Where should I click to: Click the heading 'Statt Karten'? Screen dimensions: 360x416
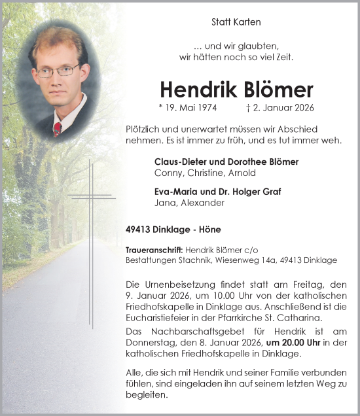point(236,22)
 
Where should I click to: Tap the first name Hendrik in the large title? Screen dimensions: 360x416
point(198,90)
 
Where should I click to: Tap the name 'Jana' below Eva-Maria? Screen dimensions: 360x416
point(164,203)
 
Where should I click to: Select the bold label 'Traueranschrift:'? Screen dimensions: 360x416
point(154,250)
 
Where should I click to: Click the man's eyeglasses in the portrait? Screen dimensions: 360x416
point(58,70)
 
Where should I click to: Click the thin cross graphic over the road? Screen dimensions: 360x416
point(91,196)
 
